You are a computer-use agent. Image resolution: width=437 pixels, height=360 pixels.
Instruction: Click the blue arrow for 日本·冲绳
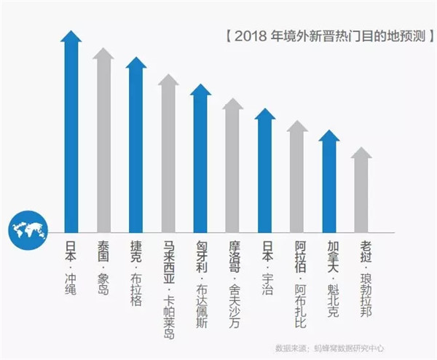tap(71, 131)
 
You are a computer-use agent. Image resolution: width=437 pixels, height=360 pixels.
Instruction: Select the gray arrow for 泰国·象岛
tap(103, 142)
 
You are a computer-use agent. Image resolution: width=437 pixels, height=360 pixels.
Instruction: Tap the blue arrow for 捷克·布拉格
tap(136, 146)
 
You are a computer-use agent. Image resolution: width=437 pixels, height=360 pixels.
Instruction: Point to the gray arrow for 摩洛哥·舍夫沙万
tap(233, 166)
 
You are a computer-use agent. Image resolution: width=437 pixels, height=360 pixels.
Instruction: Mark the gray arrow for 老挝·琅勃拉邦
tap(361, 190)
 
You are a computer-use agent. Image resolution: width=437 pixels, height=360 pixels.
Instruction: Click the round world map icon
tap(28, 232)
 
